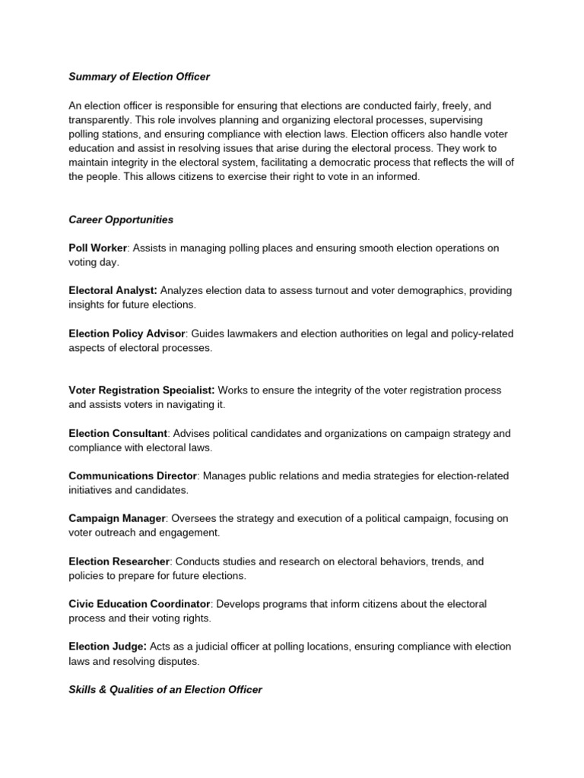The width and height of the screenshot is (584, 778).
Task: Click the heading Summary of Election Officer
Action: [139, 76]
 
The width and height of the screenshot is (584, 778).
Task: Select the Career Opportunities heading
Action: [121, 220]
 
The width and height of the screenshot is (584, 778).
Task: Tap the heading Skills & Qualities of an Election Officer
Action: [165, 689]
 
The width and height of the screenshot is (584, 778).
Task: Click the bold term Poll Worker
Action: [97, 248]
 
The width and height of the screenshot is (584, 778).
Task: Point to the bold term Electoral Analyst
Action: [113, 291]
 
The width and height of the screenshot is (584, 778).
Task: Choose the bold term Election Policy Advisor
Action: [127, 334]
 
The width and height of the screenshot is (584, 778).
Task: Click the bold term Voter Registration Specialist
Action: [141, 391]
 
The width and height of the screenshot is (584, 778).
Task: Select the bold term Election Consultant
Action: [118, 433]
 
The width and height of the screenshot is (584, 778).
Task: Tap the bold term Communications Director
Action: [133, 476]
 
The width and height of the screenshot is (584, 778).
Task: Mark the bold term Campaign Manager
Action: [117, 518]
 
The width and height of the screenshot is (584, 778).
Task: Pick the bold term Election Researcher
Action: [119, 561]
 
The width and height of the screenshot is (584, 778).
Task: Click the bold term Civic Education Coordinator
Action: [139, 604]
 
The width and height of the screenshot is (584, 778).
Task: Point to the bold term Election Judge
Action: [106, 647]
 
